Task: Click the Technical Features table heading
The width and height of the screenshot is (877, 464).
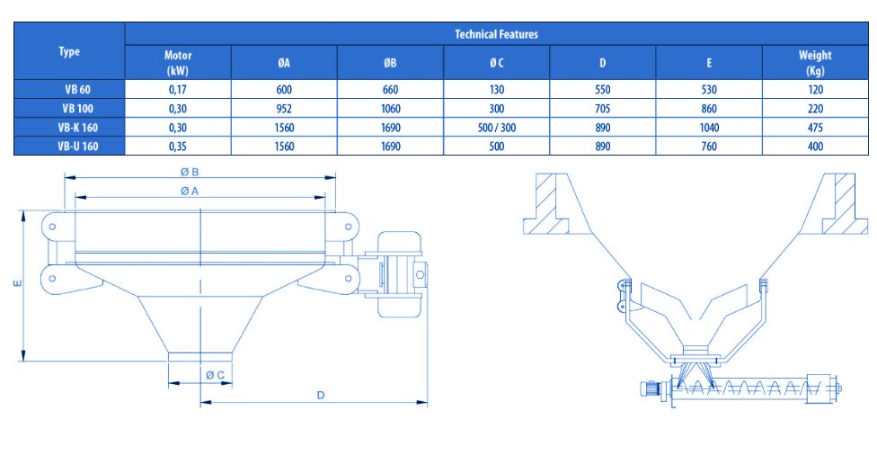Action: (496, 34)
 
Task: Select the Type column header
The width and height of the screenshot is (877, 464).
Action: (69, 51)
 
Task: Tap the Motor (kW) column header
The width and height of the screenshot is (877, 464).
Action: (178, 63)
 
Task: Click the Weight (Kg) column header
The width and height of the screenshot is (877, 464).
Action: (815, 63)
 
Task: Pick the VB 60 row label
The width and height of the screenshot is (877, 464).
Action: (77, 90)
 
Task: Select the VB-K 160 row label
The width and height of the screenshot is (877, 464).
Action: (78, 128)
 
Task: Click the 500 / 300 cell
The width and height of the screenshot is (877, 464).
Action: (497, 128)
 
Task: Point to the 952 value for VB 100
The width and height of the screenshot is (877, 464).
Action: (284, 109)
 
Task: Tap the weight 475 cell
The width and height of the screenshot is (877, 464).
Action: (816, 128)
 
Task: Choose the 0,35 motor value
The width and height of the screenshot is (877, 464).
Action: (178, 147)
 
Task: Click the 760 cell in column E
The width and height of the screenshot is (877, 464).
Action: (709, 147)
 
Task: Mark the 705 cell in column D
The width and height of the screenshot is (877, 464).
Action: (603, 109)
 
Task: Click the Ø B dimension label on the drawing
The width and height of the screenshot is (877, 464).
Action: (190, 173)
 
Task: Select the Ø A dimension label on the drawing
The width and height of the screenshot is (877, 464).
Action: (190, 192)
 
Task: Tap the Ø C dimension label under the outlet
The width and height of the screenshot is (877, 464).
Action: (216, 375)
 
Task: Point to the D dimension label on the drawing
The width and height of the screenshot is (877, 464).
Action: (321, 395)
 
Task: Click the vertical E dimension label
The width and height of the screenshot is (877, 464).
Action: (18, 283)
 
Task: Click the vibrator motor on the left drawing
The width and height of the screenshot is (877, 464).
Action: (399, 274)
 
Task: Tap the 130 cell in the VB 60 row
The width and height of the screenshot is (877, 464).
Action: (497, 90)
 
